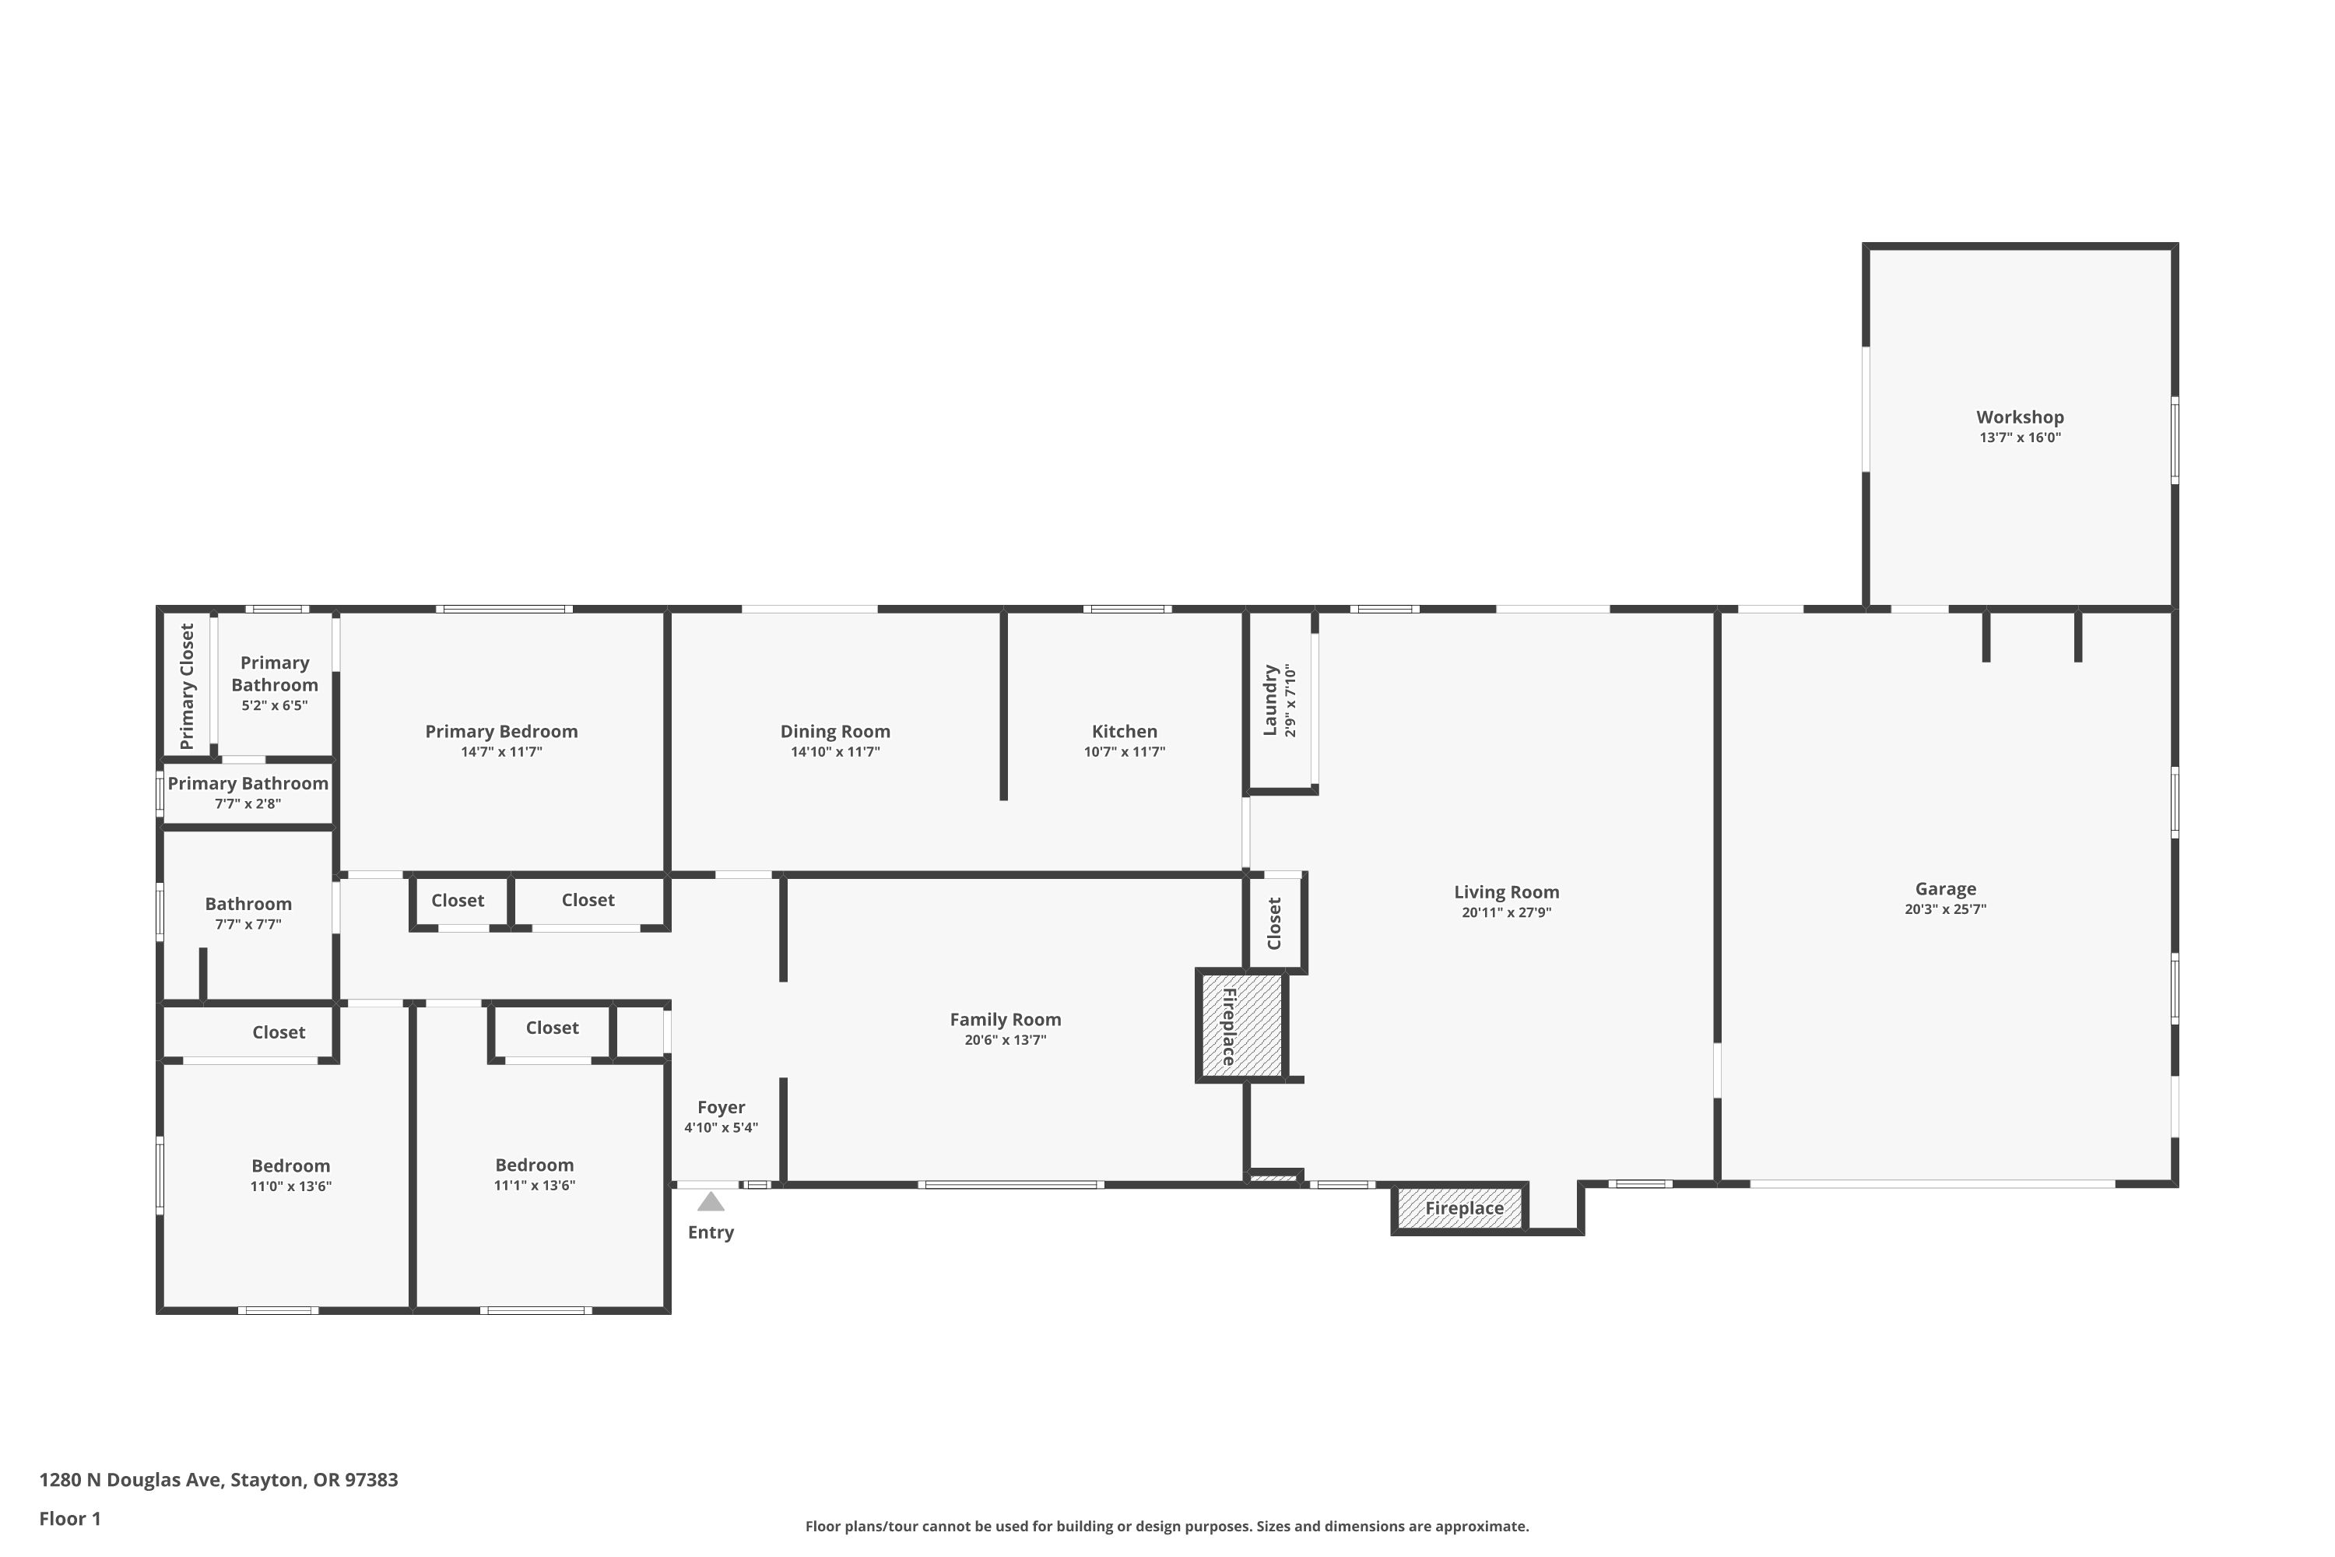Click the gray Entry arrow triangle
tap(711, 1203)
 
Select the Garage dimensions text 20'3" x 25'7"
tap(1945, 909)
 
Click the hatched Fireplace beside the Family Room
tap(1241, 1026)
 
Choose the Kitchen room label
tap(1125, 732)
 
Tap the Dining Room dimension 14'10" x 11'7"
tap(835, 753)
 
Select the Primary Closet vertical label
tap(187, 686)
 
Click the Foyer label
tap(721, 1107)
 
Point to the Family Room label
tap(1006, 1020)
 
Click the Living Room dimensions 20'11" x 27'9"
tap(1506, 912)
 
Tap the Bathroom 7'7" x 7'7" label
tap(248, 904)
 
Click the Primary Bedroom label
tap(501, 732)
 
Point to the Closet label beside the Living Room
tap(1275, 923)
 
